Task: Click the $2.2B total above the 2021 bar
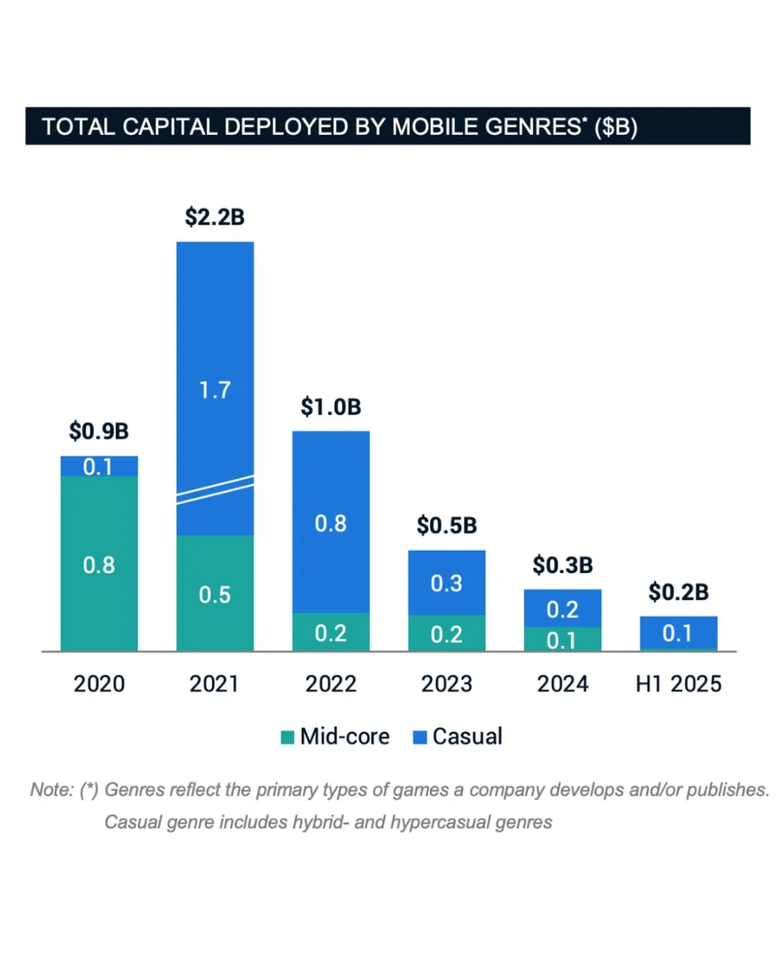(215, 217)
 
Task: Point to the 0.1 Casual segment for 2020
(99, 467)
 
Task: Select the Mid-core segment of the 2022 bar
(331, 632)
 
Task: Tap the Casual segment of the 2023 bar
(447, 582)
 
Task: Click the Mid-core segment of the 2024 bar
(562, 639)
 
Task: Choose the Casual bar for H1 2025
(678, 633)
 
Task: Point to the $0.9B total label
(99, 431)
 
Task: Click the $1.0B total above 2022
(331, 407)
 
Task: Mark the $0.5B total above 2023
(447, 526)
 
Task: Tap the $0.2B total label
(678, 592)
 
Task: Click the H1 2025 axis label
(678, 683)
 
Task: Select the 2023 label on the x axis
(447, 683)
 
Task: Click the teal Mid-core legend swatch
(287, 737)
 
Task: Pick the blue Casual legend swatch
(420, 737)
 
